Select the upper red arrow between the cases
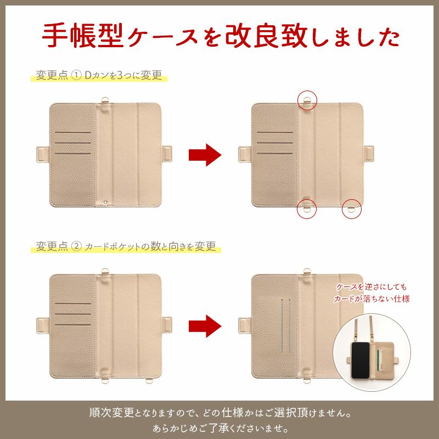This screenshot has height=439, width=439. point(205,155)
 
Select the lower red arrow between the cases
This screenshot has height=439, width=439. point(205,325)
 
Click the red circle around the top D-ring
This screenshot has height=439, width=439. point(308,100)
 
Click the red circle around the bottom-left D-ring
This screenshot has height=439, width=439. point(308,209)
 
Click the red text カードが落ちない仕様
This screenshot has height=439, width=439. point(372,299)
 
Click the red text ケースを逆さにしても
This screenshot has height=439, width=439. point(372,288)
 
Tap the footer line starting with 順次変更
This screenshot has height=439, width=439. point(219,412)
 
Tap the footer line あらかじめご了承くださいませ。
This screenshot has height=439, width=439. point(219,427)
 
